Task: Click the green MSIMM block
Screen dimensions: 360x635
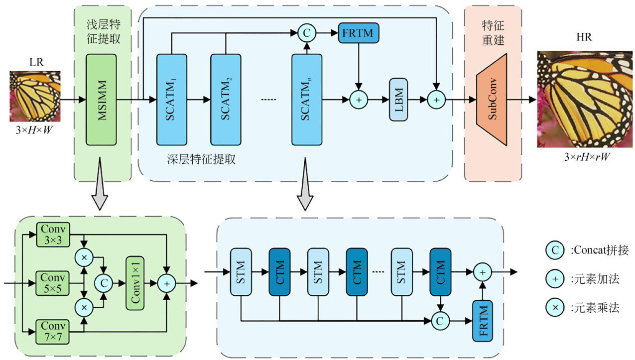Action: click(101, 100)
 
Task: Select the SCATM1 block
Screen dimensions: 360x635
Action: click(171, 100)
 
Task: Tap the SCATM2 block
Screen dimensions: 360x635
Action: click(226, 100)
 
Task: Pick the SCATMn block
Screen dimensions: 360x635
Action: click(307, 100)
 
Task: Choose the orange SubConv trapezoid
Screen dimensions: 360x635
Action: click(492, 100)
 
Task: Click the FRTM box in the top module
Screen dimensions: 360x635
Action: click(359, 33)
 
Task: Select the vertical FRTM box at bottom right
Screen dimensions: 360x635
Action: click(482, 321)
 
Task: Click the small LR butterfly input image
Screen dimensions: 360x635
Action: click(35, 96)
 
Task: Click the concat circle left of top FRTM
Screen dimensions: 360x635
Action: click(307, 33)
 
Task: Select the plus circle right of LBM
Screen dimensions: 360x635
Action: click(436, 100)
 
